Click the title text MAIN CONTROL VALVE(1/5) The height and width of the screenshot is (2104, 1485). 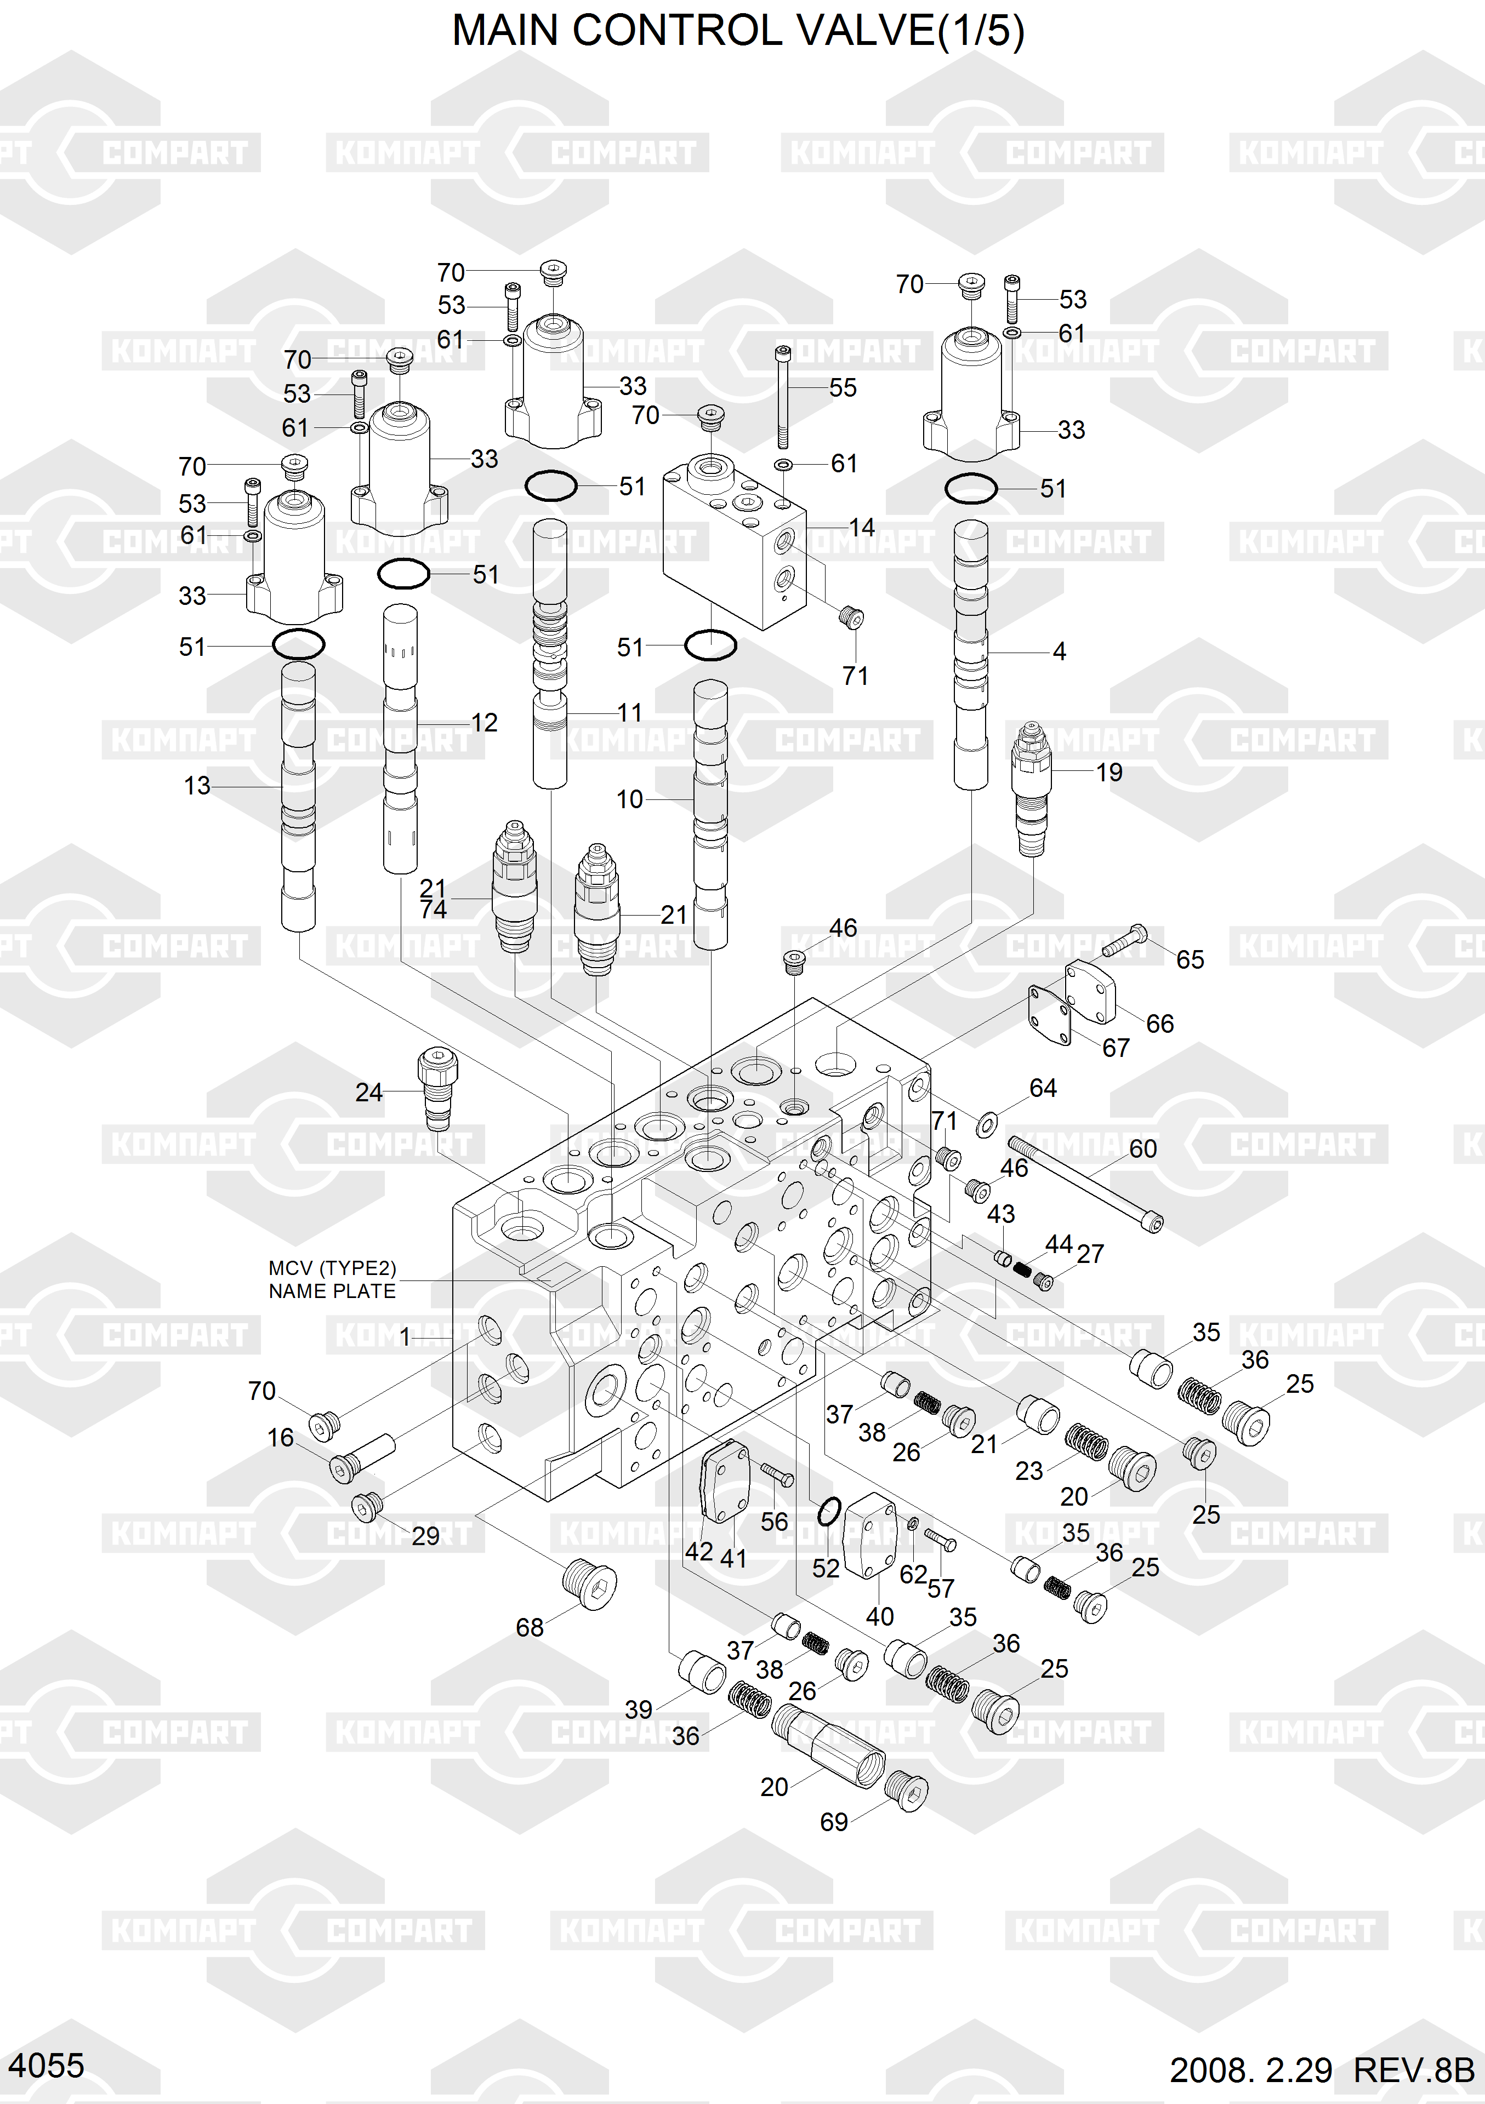pyautogui.click(x=738, y=31)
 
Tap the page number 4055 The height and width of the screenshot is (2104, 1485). pyautogui.click(x=46, y=2066)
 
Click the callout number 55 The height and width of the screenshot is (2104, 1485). pyautogui.click(x=843, y=387)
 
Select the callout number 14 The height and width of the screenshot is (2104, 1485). pyautogui.click(x=862, y=528)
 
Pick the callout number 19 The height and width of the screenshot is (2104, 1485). pyautogui.click(x=1109, y=773)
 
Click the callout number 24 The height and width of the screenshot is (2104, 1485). pyautogui.click(x=368, y=1093)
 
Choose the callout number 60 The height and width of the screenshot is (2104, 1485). pyautogui.click(x=1143, y=1148)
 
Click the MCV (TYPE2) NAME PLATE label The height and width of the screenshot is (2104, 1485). pyautogui.click(x=332, y=1279)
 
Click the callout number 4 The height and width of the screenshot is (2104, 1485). pyautogui.click(x=1060, y=651)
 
